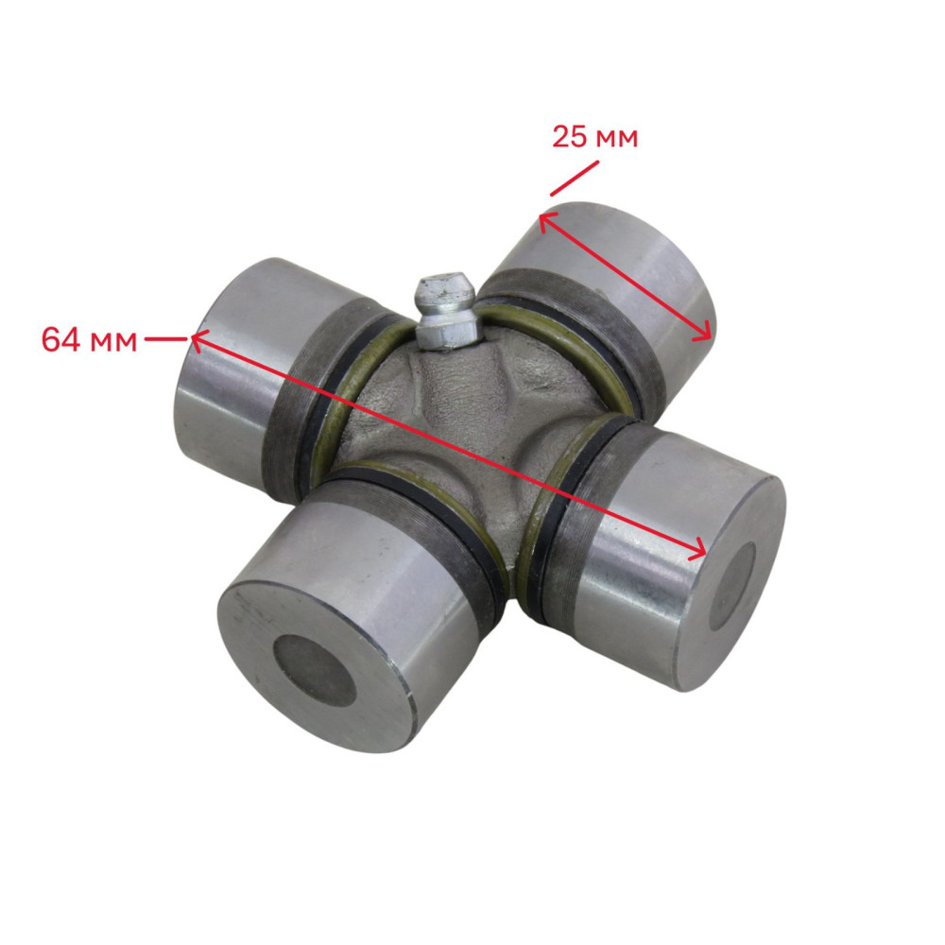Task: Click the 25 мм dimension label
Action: [594, 137]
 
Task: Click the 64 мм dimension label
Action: [89, 340]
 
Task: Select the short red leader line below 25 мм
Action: [575, 179]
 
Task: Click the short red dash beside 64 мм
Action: [165, 339]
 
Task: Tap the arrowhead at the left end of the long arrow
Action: [198, 340]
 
